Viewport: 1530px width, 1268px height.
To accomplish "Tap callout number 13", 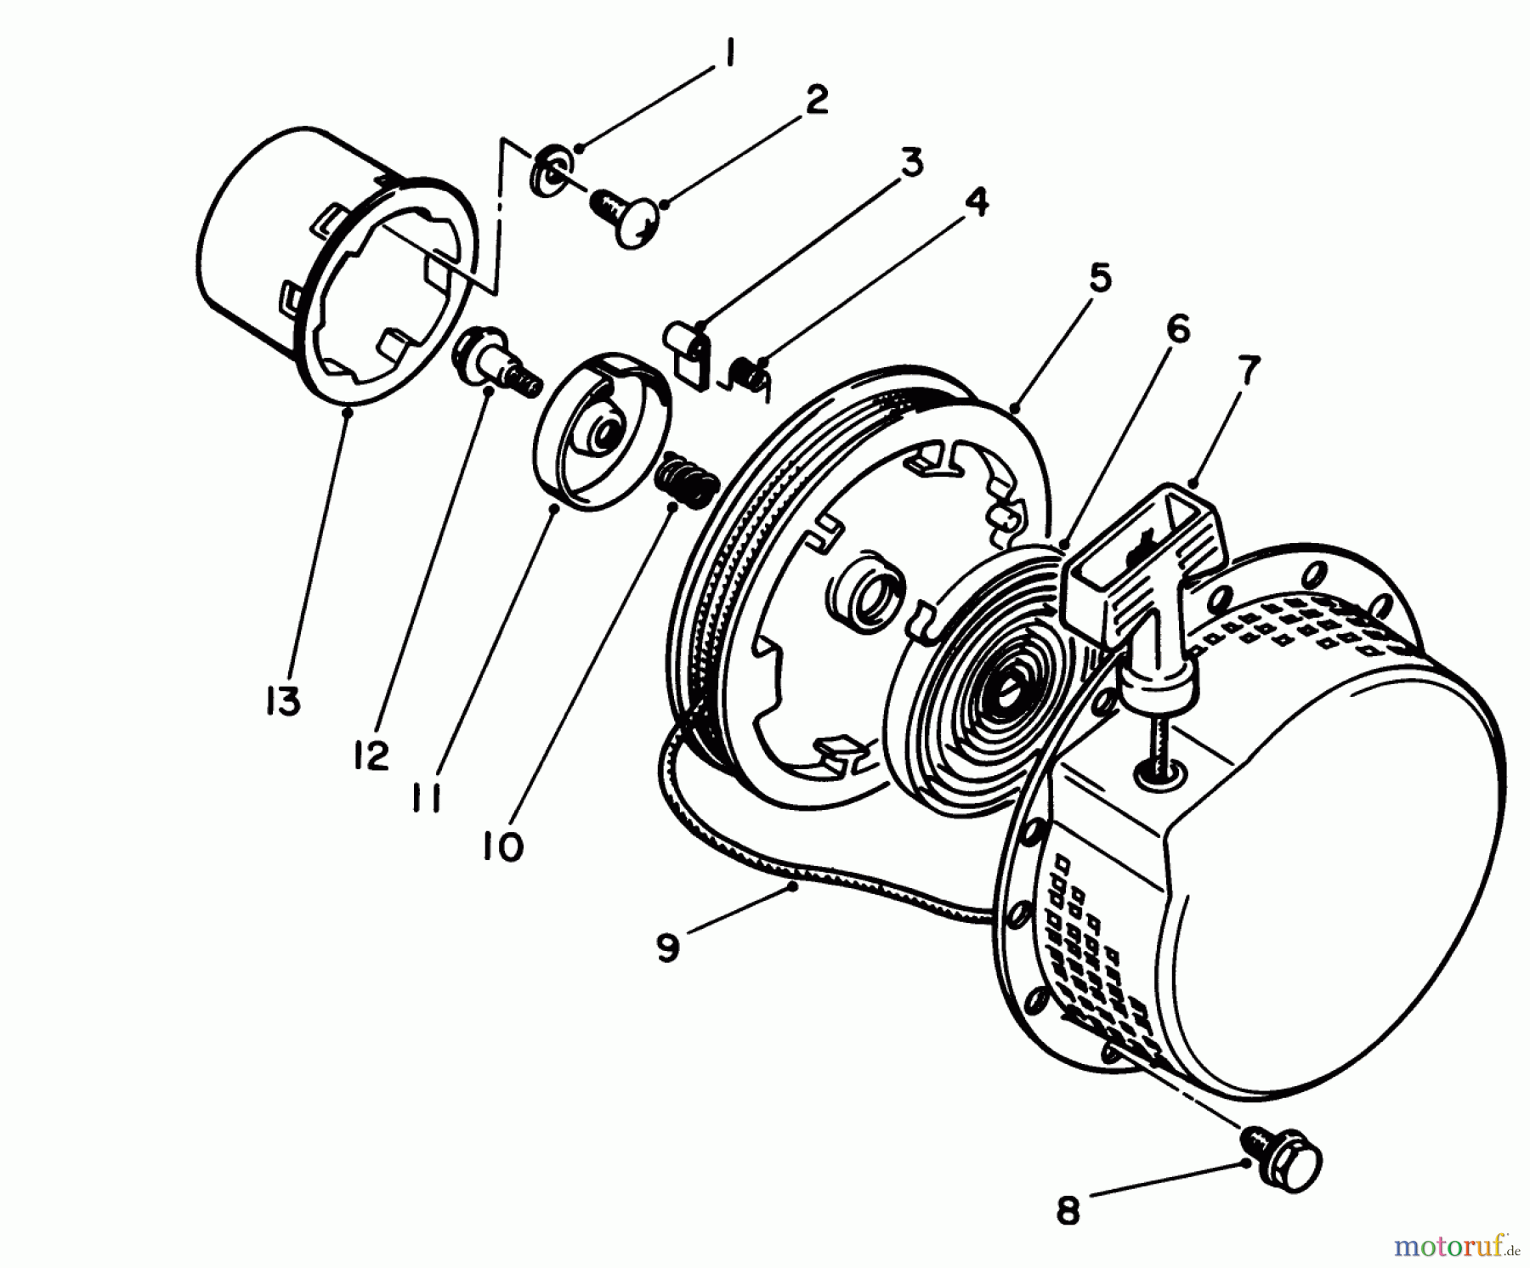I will click(x=283, y=702).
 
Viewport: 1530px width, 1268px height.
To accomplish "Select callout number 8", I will click(x=1068, y=1210).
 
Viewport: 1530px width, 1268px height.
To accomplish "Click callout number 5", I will click(x=1100, y=279).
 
